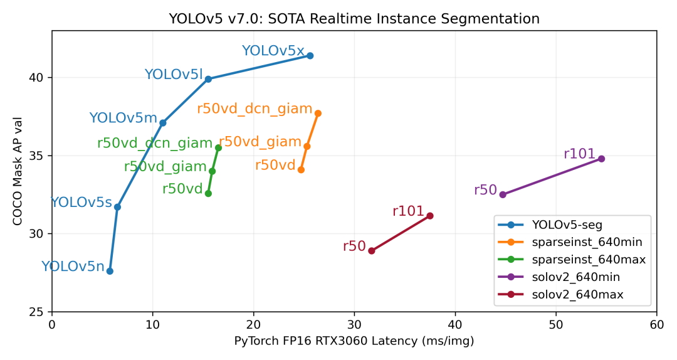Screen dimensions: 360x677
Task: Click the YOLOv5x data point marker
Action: coord(310,56)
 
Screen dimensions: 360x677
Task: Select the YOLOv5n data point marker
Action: coord(110,271)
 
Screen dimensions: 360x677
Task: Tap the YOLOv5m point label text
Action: coord(123,118)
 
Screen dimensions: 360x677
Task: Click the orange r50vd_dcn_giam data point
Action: coord(318,114)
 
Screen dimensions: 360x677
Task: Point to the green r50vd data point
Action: coord(208,193)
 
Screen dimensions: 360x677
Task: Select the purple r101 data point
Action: coord(601,159)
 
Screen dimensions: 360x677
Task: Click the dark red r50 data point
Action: coord(372,251)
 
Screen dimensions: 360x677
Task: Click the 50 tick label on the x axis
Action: coord(555,325)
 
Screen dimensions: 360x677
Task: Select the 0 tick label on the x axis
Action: coord(52,325)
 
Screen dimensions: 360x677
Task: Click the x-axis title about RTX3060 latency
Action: coord(354,341)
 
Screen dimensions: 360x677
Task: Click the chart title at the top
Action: coord(354,19)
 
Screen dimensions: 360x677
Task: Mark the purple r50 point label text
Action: coord(485,190)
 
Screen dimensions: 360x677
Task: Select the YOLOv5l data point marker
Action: coord(208,79)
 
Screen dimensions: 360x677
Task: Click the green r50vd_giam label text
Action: coord(165,167)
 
